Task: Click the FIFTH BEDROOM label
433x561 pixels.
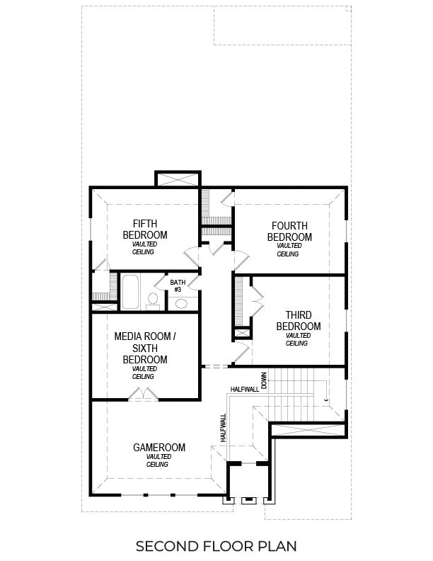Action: [x=145, y=229]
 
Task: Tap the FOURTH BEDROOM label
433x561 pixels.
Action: [x=289, y=231]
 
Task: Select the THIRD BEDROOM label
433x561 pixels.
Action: [x=299, y=321]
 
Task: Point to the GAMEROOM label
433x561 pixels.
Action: [x=159, y=447]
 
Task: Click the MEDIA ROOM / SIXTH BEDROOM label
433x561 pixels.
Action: [x=144, y=348]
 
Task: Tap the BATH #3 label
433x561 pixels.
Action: [x=178, y=285]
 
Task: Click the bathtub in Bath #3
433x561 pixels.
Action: [x=132, y=292]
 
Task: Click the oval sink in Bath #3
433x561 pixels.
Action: [x=180, y=304]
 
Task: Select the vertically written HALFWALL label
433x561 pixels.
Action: [x=222, y=429]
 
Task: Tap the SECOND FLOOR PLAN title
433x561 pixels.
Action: [x=216, y=546]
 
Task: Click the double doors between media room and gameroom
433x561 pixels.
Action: [x=146, y=393]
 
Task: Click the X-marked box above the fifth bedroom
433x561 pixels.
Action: [x=178, y=179]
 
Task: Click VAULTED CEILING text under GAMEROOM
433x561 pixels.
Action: [x=157, y=461]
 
